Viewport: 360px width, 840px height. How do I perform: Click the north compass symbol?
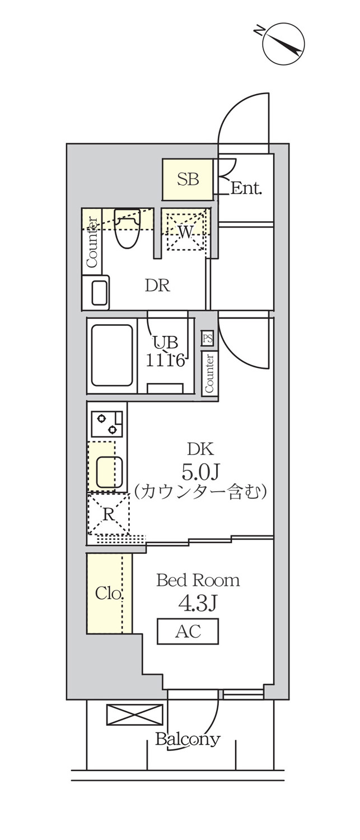[283, 44]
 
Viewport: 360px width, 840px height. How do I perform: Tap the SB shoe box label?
[188, 179]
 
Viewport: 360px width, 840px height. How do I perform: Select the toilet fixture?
[128, 228]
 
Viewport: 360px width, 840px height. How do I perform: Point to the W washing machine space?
[186, 232]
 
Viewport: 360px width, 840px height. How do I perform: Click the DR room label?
[157, 286]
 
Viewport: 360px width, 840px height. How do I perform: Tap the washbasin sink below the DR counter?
[96, 292]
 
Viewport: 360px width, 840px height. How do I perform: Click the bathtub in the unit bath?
[112, 355]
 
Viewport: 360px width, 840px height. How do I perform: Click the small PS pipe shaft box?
[207, 339]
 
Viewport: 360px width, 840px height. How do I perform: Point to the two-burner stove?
[107, 424]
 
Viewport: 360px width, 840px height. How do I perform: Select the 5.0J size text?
[200, 472]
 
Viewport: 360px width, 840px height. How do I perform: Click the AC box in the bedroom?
[188, 632]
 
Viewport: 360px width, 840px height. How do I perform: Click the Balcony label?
[188, 740]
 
